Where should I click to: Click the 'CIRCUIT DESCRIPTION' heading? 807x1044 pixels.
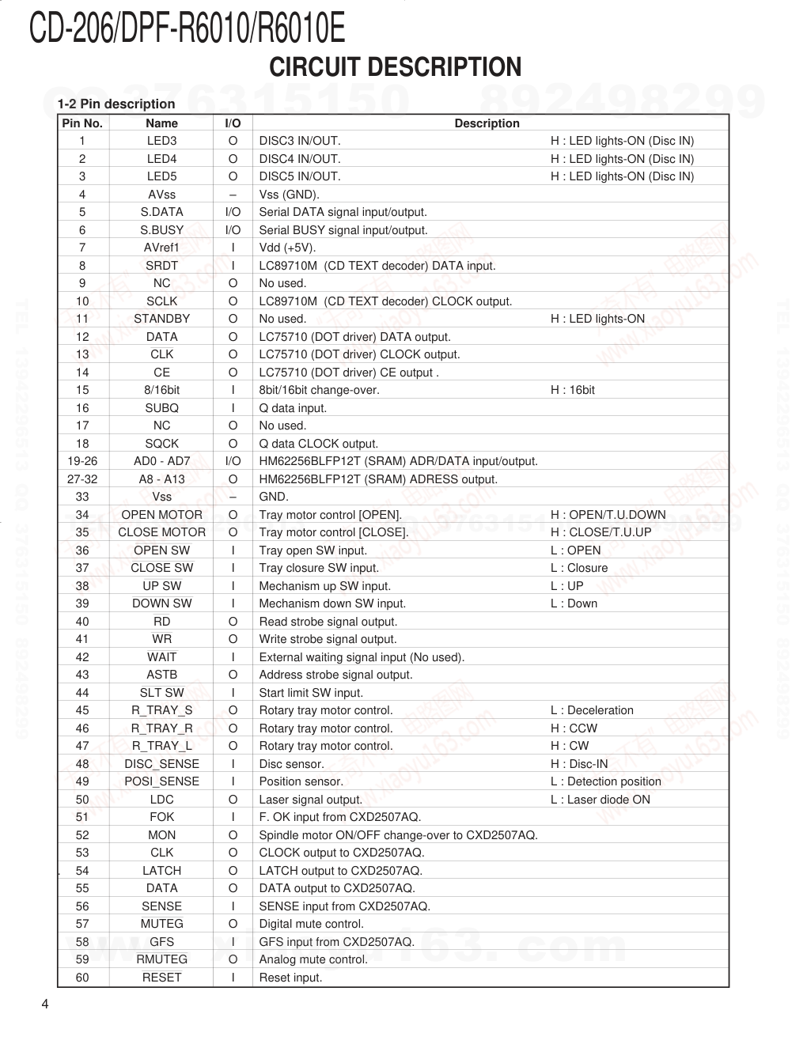pyautogui.click(x=395, y=67)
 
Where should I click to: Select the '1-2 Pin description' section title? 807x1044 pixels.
pyautogui.click(x=116, y=104)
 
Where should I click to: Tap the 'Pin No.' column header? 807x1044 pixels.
pyautogui.click(x=82, y=123)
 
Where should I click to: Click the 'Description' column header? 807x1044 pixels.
pyautogui.click(x=487, y=123)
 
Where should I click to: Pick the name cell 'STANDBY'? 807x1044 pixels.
pyautogui.click(x=161, y=319)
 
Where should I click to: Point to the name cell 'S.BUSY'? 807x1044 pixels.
pyautogui.click(x=161, y=230)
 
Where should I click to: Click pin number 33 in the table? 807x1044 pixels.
pyautogui.click(x=82, y=497)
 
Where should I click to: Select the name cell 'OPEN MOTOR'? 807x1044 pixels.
pyautogui.click(x=161, y=515)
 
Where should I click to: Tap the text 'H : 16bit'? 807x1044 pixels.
pyautogui.click(x=573, y=390)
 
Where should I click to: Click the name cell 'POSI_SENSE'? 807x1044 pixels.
pyautogui.click(x=161, y=781)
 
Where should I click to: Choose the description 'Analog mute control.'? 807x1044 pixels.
pyautogui.click(x=313, y=959)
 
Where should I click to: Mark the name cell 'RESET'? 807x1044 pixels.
pyautogui.click(x=161, y=978)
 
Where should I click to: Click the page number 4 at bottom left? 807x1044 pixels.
pyautogui.click(x=45, y=1004)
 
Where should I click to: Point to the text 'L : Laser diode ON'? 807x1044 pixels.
pyautogui.click(x=601, y=800)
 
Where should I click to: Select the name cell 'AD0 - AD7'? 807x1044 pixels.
pyautogui.click(x=161, y=461)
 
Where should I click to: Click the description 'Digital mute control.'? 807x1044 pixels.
pyautogui.click(x=312, y=924)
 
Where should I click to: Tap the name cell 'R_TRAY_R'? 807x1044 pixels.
pyautogui.click(x=161, y=728)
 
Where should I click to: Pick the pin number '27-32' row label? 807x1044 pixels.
pyautogui.click(x=82, y=479)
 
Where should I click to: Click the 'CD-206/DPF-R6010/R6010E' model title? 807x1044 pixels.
pyautogui.click(x=187, y=29)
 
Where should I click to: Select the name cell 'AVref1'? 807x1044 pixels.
pyautogui.click(x=161, y=248)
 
